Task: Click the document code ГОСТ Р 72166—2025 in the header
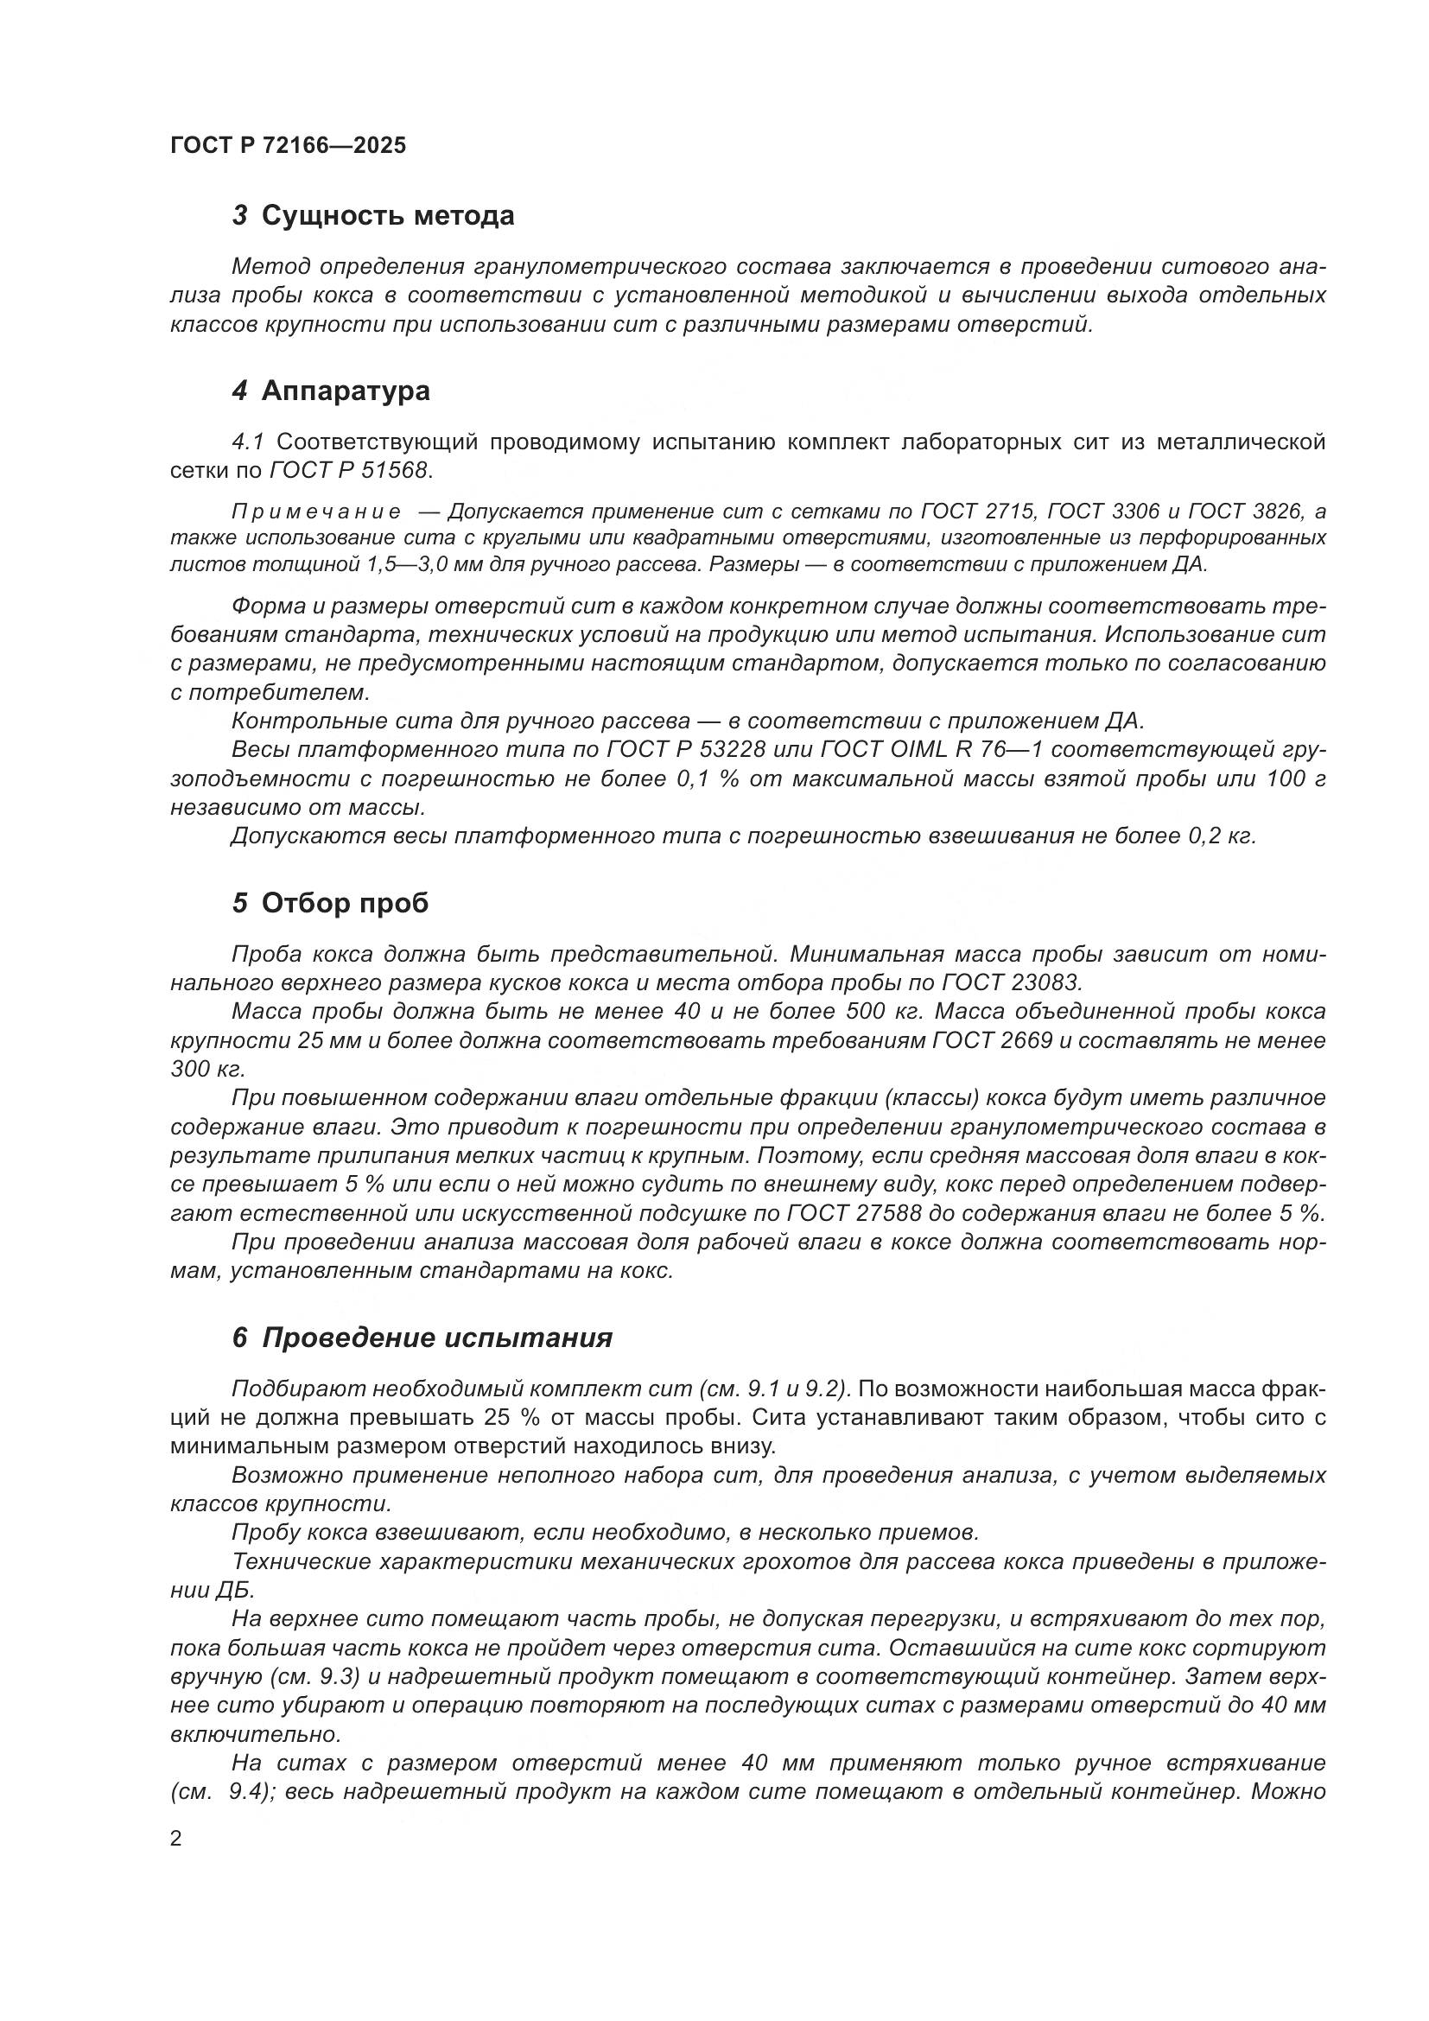[288, 145]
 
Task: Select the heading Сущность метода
[387, 216]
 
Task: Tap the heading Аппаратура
[345, 390]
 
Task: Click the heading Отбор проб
[345, 903]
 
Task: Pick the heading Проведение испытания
[436, 1338]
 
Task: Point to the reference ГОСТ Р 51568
[349, 470]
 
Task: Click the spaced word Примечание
[316, 512]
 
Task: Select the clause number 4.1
[247, 441]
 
